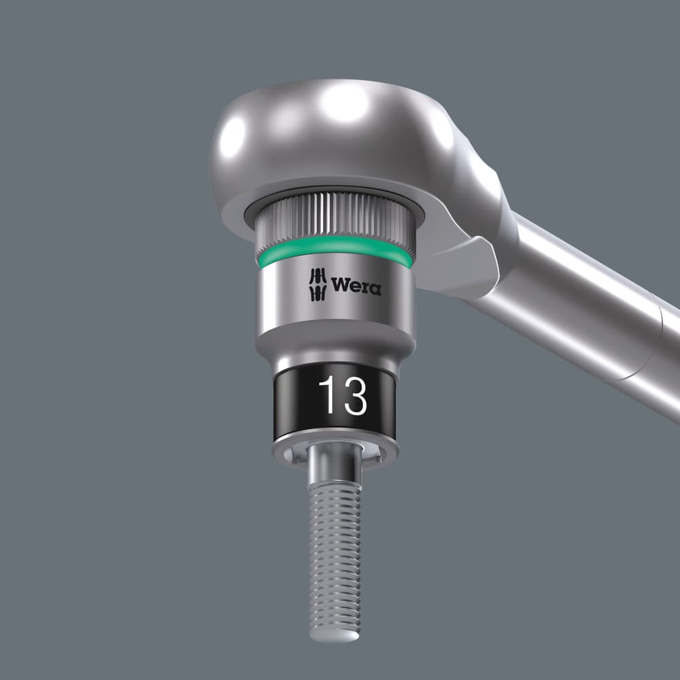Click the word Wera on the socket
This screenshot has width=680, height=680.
tap(356, 286)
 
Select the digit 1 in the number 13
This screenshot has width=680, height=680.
tap(327, 395)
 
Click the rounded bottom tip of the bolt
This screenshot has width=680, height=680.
tap(334, 632)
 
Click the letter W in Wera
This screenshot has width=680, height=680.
tap(339, 286)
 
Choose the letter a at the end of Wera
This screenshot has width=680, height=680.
tap(374, 289)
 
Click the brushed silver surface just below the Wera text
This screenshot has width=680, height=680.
tap(337, 316)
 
